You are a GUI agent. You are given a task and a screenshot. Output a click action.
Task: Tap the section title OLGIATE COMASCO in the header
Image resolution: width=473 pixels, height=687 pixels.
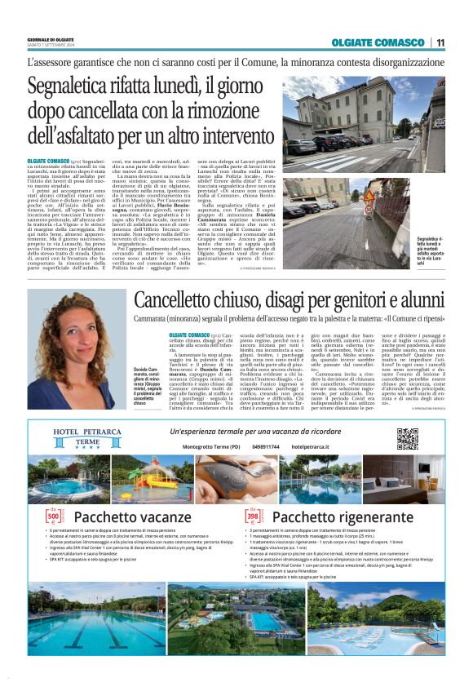pyautogui.click(x=378, y=42)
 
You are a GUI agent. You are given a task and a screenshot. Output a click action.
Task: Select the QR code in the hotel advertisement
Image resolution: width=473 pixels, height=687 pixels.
pyautogui.click(x=407, y=439)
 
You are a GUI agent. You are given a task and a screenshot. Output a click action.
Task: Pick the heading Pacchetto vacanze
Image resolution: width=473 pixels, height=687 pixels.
pyautogui.click(x=120, y=516)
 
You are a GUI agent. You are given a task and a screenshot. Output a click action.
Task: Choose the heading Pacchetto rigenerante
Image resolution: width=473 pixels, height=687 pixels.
pyautogui.click(x=329, y=516)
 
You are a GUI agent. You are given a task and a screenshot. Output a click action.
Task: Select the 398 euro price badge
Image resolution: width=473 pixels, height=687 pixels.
pyautogui.click(x=253, y=516)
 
